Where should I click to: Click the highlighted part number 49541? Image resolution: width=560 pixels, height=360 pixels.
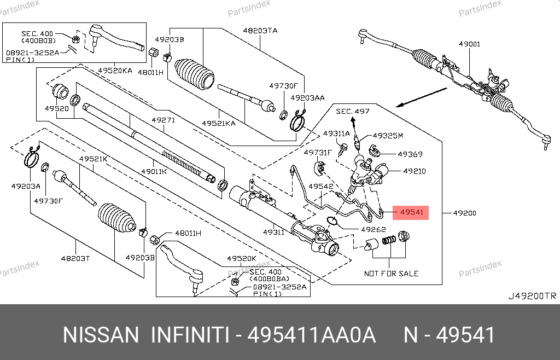coord(411,212)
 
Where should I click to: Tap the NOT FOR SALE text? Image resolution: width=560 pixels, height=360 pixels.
coord(391,273)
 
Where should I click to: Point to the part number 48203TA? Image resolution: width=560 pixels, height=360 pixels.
coord(260,31)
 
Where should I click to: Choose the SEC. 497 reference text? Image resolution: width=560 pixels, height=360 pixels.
coord(353,112)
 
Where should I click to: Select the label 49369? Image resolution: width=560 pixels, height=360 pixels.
coord(410,154)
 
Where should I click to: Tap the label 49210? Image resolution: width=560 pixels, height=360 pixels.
coord(414,171)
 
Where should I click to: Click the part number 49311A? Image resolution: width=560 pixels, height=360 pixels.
coord(336,133)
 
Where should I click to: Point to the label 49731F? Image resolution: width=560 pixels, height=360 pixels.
coord(318,153)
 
